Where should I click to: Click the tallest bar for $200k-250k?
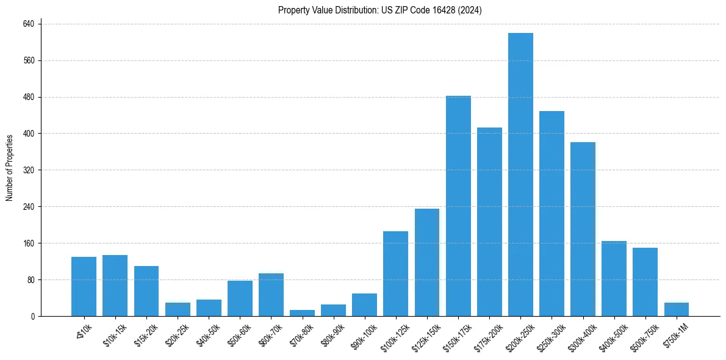click(520, 175)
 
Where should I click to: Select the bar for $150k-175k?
click(458, 206)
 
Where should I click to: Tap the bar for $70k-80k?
click(302, 313)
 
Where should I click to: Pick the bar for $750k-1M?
click(676, 309)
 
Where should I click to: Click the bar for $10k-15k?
click(115, 286)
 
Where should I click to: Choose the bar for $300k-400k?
click(583, 229)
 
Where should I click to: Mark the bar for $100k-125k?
click(395, 274)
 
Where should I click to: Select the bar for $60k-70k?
click(271, 295)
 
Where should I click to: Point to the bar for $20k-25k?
click(178, 309)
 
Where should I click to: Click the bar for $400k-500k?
click(614, 279)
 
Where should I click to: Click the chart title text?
click(380, 10)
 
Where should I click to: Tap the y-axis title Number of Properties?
click(10, 168)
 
